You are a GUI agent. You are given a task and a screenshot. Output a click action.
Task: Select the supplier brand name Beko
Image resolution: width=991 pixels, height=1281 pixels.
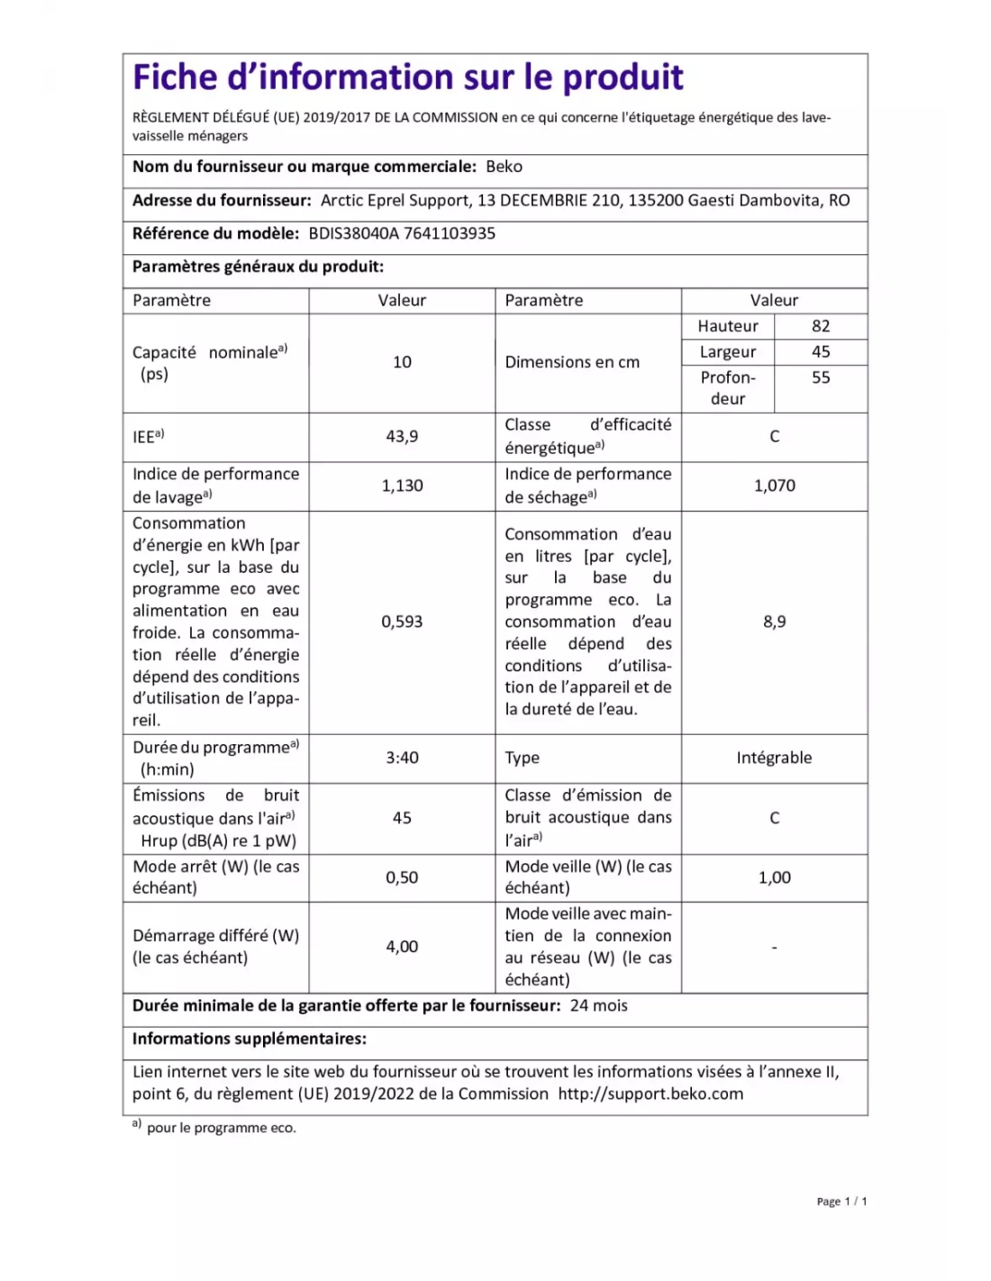pyautogui.click(x=504, y=167)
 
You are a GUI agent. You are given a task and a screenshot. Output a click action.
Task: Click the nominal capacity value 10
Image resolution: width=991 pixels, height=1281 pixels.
pyautogui.click(x=402, y=362)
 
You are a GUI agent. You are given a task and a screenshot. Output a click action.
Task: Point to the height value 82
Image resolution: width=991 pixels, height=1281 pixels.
pyautogui.click(x=821, y=326)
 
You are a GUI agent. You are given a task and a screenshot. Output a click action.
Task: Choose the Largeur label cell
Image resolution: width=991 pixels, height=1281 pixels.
pyautogui.click(x=728, y=352)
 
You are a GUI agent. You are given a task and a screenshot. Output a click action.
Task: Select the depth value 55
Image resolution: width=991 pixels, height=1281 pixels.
pyautogui.click(x=821, y=377)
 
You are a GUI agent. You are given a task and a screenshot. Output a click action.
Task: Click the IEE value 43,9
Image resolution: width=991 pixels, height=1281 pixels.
pyautogui.click(x=402, y=436)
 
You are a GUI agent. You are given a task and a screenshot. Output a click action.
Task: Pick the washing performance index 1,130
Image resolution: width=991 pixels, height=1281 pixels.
pyautogui.click(x=402, y=486)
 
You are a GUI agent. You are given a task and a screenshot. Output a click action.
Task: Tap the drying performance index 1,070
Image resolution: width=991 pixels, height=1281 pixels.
pyautogui.click(x=774, y=486)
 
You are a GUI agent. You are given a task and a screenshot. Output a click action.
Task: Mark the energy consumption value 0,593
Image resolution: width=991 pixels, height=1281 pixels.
pyautogui.click(x=402, y=622)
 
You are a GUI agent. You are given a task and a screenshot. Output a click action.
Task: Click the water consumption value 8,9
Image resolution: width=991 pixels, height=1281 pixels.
pyautogui.click(x=774, y=622)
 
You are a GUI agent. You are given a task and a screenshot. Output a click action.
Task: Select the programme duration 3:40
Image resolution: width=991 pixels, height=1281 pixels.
pyautogui.click(x=402, y=758)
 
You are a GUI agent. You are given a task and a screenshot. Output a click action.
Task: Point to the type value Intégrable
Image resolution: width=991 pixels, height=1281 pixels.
pyautogui.click(x=774, y=758)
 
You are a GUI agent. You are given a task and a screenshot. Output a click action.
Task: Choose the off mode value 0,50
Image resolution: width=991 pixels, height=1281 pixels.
pyautogui.click(x=402, y=877)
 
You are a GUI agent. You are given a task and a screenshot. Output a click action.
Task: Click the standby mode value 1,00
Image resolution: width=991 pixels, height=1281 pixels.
pyautogui.click(x=774, y=877)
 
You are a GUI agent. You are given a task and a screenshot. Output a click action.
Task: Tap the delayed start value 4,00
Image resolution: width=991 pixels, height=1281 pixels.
pyautogui.click(x=402, y=947)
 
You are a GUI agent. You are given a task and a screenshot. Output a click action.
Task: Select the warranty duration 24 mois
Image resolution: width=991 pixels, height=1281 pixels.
pyautogui.click(x=598, y=1006)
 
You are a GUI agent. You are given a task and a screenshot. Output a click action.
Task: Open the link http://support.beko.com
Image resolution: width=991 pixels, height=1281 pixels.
pyautogui.click(x=650, y=1095)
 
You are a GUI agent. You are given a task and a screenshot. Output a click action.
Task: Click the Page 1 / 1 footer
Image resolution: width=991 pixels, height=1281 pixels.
pyautogui.click(x=841, y=1202)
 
